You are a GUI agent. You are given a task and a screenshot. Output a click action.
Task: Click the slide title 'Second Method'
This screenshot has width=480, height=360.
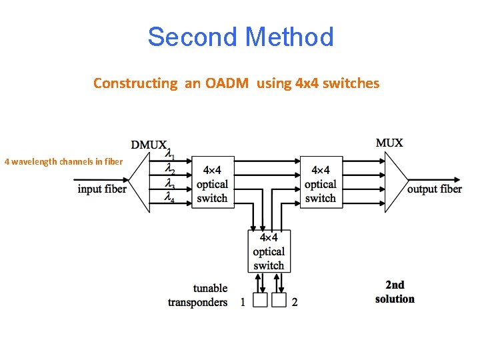[x=240, y=37]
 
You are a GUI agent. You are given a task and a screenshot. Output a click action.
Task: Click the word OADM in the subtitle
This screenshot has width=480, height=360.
[x=228, y=83]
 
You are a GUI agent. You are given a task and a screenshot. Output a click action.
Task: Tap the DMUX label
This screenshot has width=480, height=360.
[x=149, y=145]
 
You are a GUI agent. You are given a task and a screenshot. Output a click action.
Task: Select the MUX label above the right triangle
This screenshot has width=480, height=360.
[x=389, y=143]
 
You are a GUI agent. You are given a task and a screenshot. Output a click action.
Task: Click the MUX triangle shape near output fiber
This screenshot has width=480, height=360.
[x=395, y=181]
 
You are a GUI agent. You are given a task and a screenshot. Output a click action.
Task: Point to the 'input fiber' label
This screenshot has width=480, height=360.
[x=102, y=189]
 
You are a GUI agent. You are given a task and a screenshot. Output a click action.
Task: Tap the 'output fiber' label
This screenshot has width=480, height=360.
[x=435, y=189]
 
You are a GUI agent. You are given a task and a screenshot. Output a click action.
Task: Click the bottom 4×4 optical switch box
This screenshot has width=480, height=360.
[x=269, y=251]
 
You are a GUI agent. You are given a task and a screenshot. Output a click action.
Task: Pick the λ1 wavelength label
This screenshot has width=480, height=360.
[x=171, y=152]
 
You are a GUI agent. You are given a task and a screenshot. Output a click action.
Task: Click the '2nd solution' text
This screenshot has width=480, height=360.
[x=395, y=292]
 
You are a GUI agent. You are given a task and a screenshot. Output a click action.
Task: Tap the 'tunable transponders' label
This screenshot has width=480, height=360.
[x=198, y=295]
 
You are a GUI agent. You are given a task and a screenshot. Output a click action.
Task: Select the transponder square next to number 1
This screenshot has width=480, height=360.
[x=260, y=301]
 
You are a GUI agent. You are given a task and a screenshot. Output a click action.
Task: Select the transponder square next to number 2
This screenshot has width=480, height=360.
[x=279, y=301]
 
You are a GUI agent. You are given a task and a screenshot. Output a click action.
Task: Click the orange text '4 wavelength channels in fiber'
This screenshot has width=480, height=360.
[x=63, y=161]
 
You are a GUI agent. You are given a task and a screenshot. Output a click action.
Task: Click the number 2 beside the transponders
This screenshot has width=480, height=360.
[x=295, y=303]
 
